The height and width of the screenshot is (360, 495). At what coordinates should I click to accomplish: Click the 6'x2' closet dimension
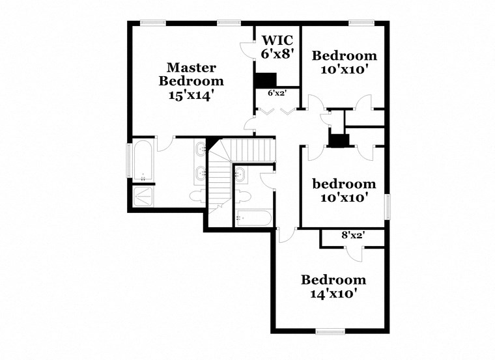[277, 93]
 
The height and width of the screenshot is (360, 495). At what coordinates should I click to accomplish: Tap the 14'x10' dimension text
[333, 294]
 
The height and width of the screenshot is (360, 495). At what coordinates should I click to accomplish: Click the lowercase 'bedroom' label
[343, 184]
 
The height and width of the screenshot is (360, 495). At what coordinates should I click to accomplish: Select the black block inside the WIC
[266, 79]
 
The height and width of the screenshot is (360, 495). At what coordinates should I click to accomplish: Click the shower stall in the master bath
[143, 196]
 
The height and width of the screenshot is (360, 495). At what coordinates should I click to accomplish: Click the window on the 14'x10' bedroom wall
[331, 332]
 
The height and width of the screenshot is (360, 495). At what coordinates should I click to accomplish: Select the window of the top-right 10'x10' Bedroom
[358, 23]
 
